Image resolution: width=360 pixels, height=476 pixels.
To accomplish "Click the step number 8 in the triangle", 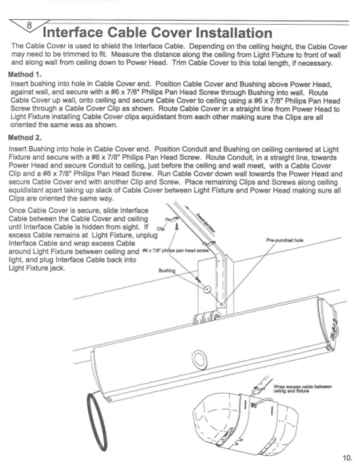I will (29, 25).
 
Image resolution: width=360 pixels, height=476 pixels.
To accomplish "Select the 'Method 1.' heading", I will (25, 75).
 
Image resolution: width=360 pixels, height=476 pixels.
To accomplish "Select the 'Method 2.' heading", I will (25, 138).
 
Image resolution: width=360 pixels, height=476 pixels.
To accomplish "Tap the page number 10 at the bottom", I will (347, 458).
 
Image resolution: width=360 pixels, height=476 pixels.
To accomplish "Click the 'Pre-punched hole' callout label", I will (284, 240).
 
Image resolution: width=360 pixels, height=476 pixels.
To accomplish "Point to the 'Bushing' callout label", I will (167, 270).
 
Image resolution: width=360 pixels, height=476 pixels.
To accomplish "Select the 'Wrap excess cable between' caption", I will (302, 387).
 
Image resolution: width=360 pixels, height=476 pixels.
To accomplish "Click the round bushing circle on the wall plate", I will (207, 289).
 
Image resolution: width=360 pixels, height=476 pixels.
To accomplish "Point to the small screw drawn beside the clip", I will (177, 225).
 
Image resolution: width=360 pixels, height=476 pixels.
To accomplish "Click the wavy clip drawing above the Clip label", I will (169, 220).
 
